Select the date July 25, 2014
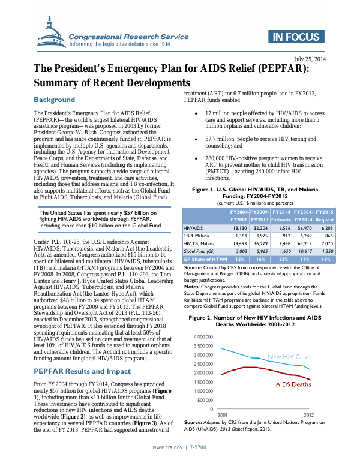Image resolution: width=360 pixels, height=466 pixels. click(x=310, y=59)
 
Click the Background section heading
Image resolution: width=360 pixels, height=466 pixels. click(x=54, y=100)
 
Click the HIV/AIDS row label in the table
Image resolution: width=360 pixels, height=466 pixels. click(x=194, y=228)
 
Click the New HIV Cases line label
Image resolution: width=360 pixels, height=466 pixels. click(x=289, y=357)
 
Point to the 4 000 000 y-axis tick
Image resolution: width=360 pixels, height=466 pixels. click(x=203, y=337)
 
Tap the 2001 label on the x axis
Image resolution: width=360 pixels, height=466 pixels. click(x=222, y=414)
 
